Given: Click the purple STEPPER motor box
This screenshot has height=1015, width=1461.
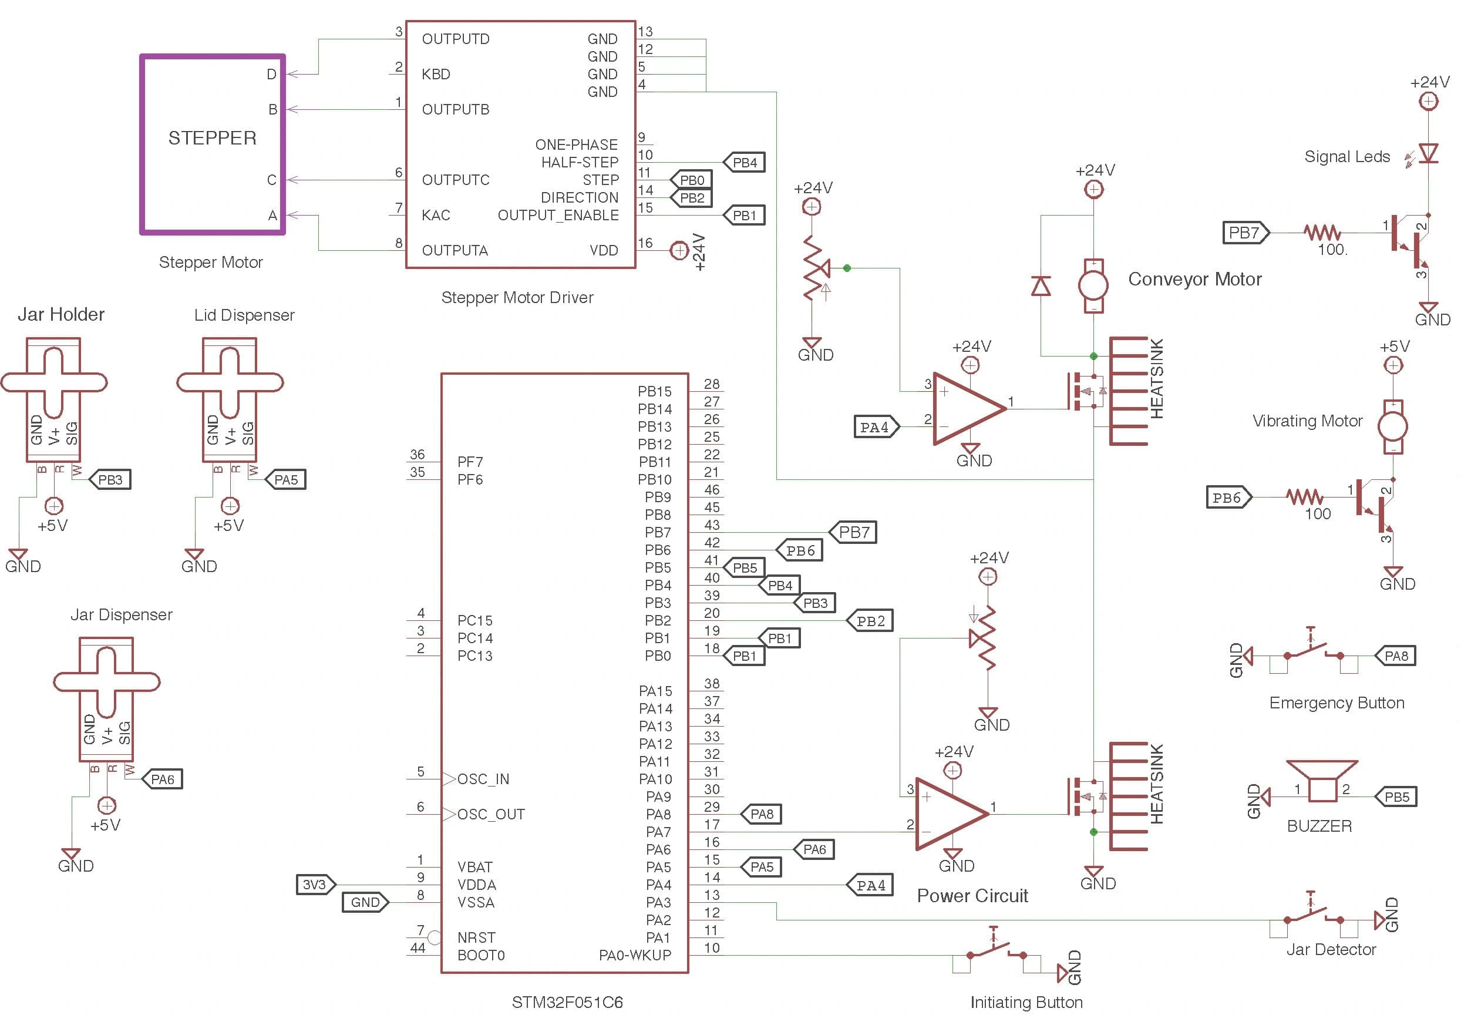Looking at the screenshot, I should pyautogui.click(x=213, y=144).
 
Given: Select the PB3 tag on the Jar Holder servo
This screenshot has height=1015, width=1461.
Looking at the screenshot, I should pyautogui.click(x=110, y=479).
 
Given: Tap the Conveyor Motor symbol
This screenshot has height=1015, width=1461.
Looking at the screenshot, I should pyautogui.click(x=1093, y=285).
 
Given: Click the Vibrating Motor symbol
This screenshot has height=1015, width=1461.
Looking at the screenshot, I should pyautogui.click(x=1392, y=426).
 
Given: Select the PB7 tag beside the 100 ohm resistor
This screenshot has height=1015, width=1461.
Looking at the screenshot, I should pyautogui.click(x=1245, y=233).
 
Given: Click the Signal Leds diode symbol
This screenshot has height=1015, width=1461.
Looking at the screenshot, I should pyautogui.click(x=1428, y=153).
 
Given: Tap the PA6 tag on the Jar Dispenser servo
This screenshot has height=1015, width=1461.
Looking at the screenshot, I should pyautogui.click(x=163, y=779).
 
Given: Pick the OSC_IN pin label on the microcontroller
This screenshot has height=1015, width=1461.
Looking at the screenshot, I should pyautogui.click(x=483, y=779).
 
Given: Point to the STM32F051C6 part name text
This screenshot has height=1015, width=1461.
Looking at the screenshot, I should pyautogui.click(x=567, y=1002).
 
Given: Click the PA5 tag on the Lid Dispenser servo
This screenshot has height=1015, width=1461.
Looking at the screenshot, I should pyautogui.click(x=286, y=479).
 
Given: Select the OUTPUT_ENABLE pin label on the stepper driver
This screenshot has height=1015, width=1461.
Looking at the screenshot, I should pyautogui.click(x=558, y=215).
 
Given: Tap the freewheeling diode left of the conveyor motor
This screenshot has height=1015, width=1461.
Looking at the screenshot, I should pyautogui.click(x=1040, y=286).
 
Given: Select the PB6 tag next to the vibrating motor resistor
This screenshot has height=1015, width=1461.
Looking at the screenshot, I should pyautogui.click(x=1228, y=498).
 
